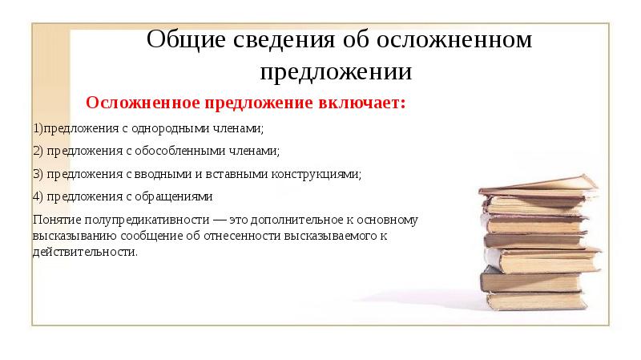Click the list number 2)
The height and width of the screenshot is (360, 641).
point(37,151)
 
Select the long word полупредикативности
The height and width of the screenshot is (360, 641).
point(143,219)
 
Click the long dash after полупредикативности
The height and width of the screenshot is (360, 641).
point(213,219)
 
